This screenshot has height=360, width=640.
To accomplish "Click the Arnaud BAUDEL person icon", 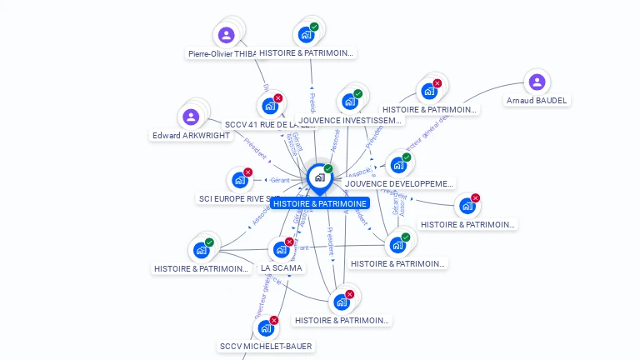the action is (537, 82).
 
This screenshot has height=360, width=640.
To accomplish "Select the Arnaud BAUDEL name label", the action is (537, 101).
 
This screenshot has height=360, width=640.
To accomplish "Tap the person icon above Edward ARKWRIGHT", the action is (191, 117).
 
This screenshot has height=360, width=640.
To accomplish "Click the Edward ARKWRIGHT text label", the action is (192, 136).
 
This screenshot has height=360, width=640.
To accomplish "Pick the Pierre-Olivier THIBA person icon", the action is (226, 35).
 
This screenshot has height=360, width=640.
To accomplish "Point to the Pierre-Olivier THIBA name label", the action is (222, 53).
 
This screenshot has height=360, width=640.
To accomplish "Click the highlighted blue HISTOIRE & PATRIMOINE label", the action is (319, 203).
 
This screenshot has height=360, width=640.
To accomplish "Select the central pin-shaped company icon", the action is (319, 177).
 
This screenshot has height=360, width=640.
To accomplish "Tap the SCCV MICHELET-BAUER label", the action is (267, 346).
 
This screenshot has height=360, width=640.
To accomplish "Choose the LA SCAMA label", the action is (282, 268).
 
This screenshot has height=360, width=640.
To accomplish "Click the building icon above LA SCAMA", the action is (281, 249).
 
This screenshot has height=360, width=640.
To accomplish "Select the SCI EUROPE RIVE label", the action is (237, 199).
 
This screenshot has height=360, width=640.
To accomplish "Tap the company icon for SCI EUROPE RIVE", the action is (240, 179).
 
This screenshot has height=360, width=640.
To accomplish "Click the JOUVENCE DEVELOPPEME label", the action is (400, 183).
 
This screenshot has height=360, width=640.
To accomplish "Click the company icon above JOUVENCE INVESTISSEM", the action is (350, 102).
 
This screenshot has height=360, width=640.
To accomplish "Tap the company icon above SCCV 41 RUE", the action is (270, 106).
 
